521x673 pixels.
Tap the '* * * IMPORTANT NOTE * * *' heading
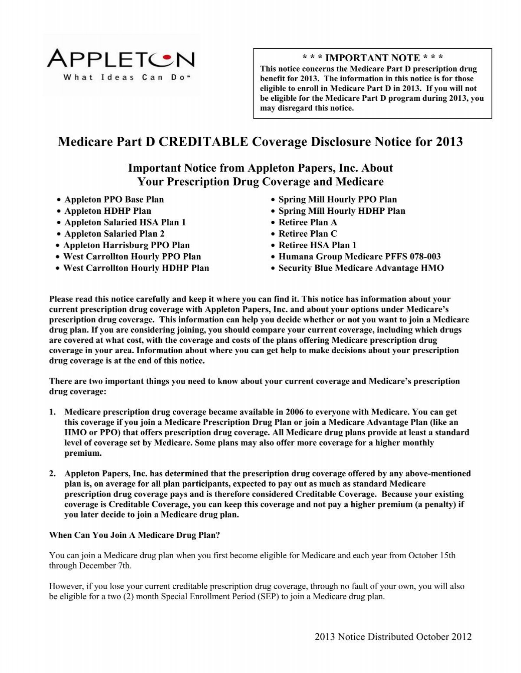[x=373, y=58]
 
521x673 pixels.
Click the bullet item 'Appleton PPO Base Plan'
[x=114, y=199]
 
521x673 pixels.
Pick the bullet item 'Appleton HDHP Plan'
[x=108, y=211]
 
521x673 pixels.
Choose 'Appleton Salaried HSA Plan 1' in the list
[x=125, y=222]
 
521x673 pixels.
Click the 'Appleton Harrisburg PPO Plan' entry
[x=126, y=245]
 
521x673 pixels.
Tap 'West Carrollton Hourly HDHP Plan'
[x=136, y=268]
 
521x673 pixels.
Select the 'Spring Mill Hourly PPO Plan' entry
[x=337, y=199]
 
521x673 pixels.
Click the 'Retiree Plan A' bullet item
[x=307, y=222]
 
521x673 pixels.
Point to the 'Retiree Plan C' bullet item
[x=307, y=234]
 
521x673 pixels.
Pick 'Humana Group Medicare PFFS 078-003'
[x=359, y=256]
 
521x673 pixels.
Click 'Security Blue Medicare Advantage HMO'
[x=361, y=268]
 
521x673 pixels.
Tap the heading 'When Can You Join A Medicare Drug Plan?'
[x=135, y=535]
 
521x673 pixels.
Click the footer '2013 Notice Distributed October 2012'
[x=393, y=637]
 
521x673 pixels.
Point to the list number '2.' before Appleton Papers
[x=53, y=474]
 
